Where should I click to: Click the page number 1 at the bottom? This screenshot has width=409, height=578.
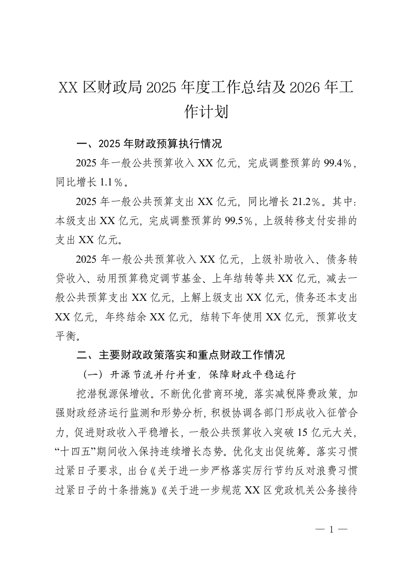pos(332,529)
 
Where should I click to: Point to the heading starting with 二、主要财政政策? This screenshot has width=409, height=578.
pos(180,355)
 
